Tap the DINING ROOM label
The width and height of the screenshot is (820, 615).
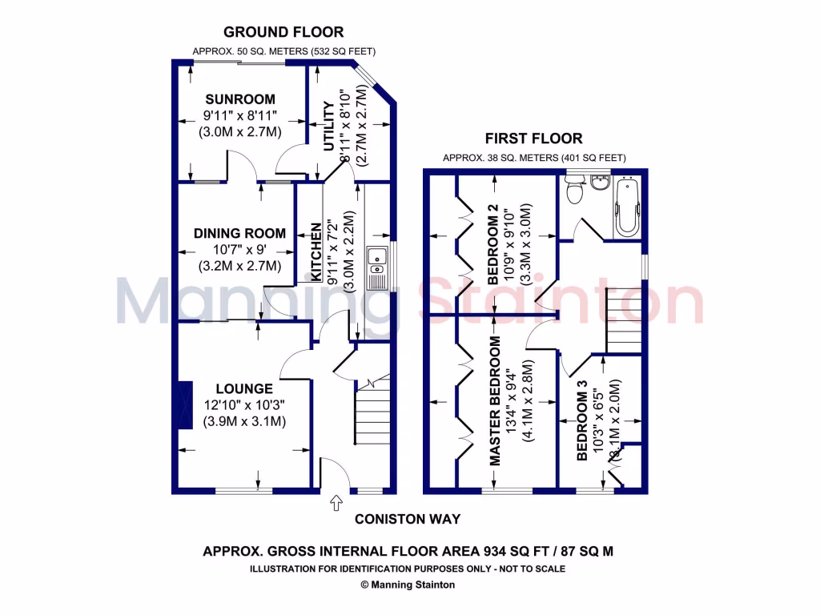(x=239, y=234)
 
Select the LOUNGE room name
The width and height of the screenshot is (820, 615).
(x=243, y=388)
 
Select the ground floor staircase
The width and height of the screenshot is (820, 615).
(x=372, y=410)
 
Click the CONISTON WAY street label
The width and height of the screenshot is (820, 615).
(x=408, y=519)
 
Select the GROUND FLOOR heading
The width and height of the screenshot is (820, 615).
(x=283, y=33)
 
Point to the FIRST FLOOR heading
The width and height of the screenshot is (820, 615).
(x=534, y=139)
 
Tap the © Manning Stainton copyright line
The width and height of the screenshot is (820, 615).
(x=408, y=585)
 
